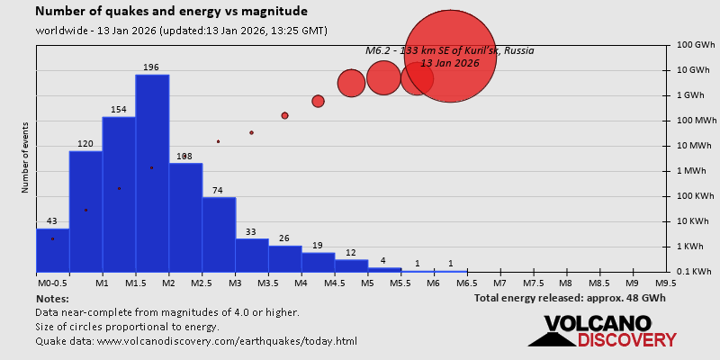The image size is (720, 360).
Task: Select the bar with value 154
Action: click(x=119, y=193)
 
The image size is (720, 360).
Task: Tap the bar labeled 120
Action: click(x=85, y=211)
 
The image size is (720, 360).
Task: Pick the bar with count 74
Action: click(x=219, y=234)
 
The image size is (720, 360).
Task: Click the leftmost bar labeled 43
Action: click(x=52, y=250)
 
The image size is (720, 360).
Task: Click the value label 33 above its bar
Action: click(x=251, y=232)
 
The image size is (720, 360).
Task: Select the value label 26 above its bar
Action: click(x=284, y=238)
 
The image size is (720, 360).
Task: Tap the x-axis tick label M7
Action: click(x=500, y=283)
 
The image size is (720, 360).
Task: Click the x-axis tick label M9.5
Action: click(x=667, y=283)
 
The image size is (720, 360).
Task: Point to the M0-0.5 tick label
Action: click(x=50, y=283)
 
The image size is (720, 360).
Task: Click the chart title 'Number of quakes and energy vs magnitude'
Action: click(x=171, y=12)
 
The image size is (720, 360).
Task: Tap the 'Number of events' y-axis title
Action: click(x=25, y=162)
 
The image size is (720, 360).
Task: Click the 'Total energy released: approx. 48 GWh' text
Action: click(x=570, y=298)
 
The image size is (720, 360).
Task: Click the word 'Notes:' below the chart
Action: click(x=52, y=298)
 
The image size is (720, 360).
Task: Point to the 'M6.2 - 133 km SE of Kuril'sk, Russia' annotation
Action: click(x=449, y=50)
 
